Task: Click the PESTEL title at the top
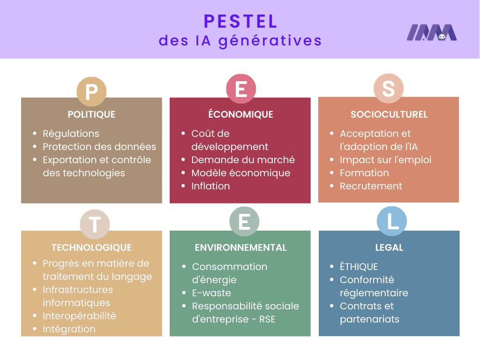coord(240,21)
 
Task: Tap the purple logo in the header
coord(431,33)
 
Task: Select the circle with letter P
coord(91,91)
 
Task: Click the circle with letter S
coord(389,89)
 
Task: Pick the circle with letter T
coord(95,225)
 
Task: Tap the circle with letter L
coord(392,222)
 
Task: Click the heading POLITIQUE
coord(91,114)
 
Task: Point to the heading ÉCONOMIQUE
coord(240,114)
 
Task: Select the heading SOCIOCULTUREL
coord(389,114)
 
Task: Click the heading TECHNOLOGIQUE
coord(91,247)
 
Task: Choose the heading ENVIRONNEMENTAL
coord(240,247)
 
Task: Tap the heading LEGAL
coord(389,247)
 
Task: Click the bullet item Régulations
coord(71,134)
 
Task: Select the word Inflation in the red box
coord(210,186)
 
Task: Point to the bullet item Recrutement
coord(371,186)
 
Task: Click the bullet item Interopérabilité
coord(79,316)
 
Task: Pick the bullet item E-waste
coord(211,293)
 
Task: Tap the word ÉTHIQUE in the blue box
coord(359,267)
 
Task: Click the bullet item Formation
coord(364,173)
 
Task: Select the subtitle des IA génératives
coord(240,41)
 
